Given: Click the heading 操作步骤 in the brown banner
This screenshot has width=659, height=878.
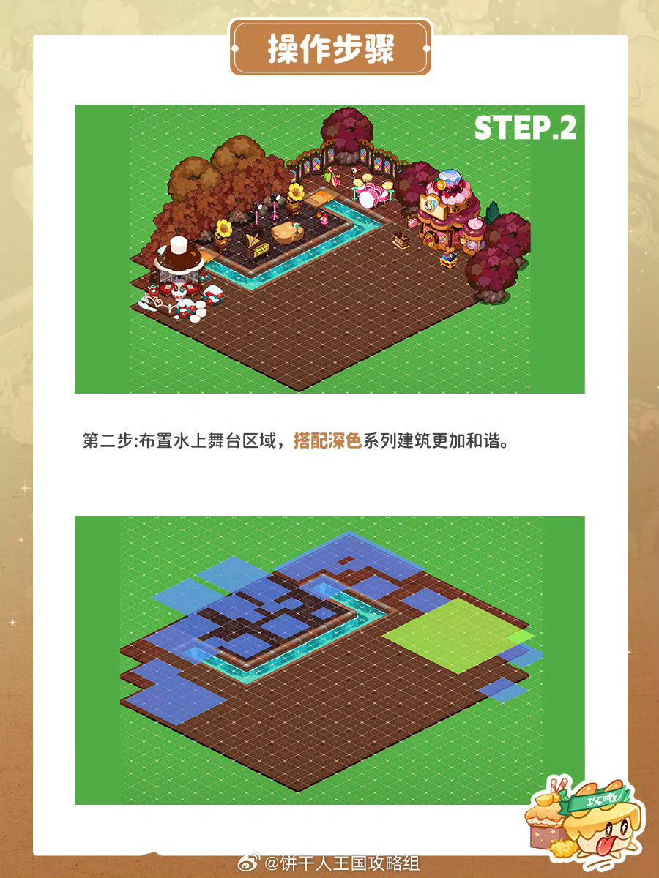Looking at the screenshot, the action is [x=331, y=49].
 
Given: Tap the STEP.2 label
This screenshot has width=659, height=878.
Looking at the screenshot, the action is [x=525, y=127].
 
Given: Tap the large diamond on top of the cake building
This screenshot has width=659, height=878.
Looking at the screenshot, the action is [x=450, y=177].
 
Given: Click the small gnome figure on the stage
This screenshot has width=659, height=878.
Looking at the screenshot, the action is [x=322, y=217].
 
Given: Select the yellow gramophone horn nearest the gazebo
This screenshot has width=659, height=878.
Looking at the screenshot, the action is [x=223, y=228].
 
